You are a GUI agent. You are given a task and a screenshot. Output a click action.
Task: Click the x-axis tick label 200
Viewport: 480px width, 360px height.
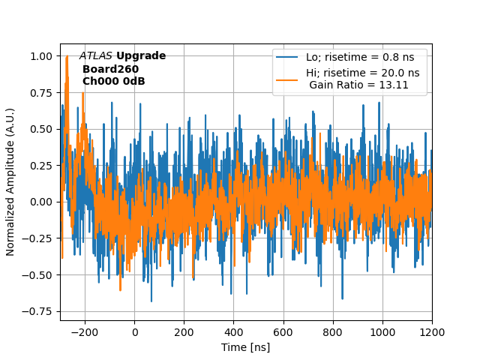tap(184, 331)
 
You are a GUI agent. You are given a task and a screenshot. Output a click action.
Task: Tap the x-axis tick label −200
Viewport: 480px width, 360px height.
tap(85, 331)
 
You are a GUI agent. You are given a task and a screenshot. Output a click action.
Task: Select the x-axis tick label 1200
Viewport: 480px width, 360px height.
tap(432, 331)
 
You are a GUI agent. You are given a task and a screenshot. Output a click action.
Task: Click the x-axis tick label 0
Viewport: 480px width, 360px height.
tap(135, 331)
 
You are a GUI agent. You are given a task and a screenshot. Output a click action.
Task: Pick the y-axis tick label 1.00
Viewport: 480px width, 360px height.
tap(40, 56)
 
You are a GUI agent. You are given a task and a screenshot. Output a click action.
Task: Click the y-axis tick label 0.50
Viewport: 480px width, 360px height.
tap(40, 129)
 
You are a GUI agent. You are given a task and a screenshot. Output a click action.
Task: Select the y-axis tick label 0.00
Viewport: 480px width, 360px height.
tap(40, 202)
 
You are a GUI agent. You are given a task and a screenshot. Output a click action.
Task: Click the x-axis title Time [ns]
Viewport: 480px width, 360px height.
tap(245, 347)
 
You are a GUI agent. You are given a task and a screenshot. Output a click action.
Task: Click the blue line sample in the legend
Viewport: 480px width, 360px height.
tap(287, 57)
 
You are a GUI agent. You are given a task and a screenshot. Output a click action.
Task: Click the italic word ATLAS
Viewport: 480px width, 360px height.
tap(95, 56)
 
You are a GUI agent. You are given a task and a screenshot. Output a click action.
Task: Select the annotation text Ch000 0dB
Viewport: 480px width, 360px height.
tap(113, 81)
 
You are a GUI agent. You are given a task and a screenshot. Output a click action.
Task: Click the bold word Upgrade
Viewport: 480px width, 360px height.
tap(141, 56)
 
